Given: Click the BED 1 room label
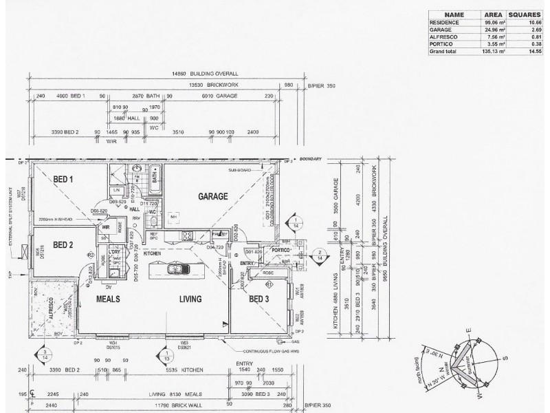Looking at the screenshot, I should (x=64, y=180).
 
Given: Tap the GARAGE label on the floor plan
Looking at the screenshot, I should (x=212, y=196).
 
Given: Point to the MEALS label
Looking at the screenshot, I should (x=108, y=299).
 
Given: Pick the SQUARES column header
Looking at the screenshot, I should (x=525, y=14).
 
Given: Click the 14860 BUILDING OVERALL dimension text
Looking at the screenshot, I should (x=205, y=72).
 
